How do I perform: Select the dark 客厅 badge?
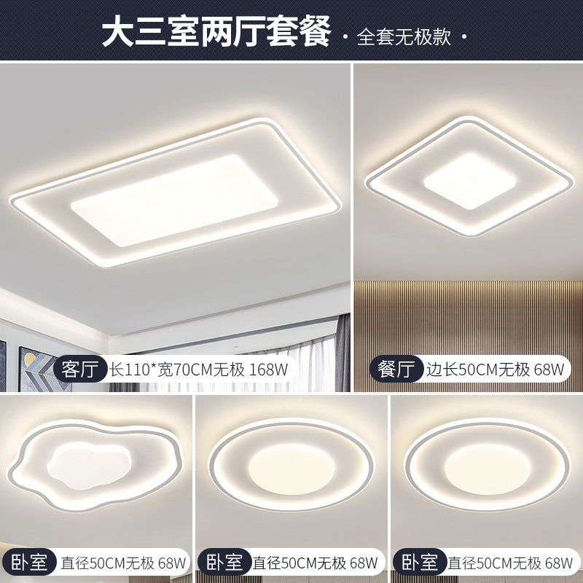(x=80, y=369)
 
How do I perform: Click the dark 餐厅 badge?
(x=396, y=369)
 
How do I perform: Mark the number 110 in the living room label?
(x=138, y=369)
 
